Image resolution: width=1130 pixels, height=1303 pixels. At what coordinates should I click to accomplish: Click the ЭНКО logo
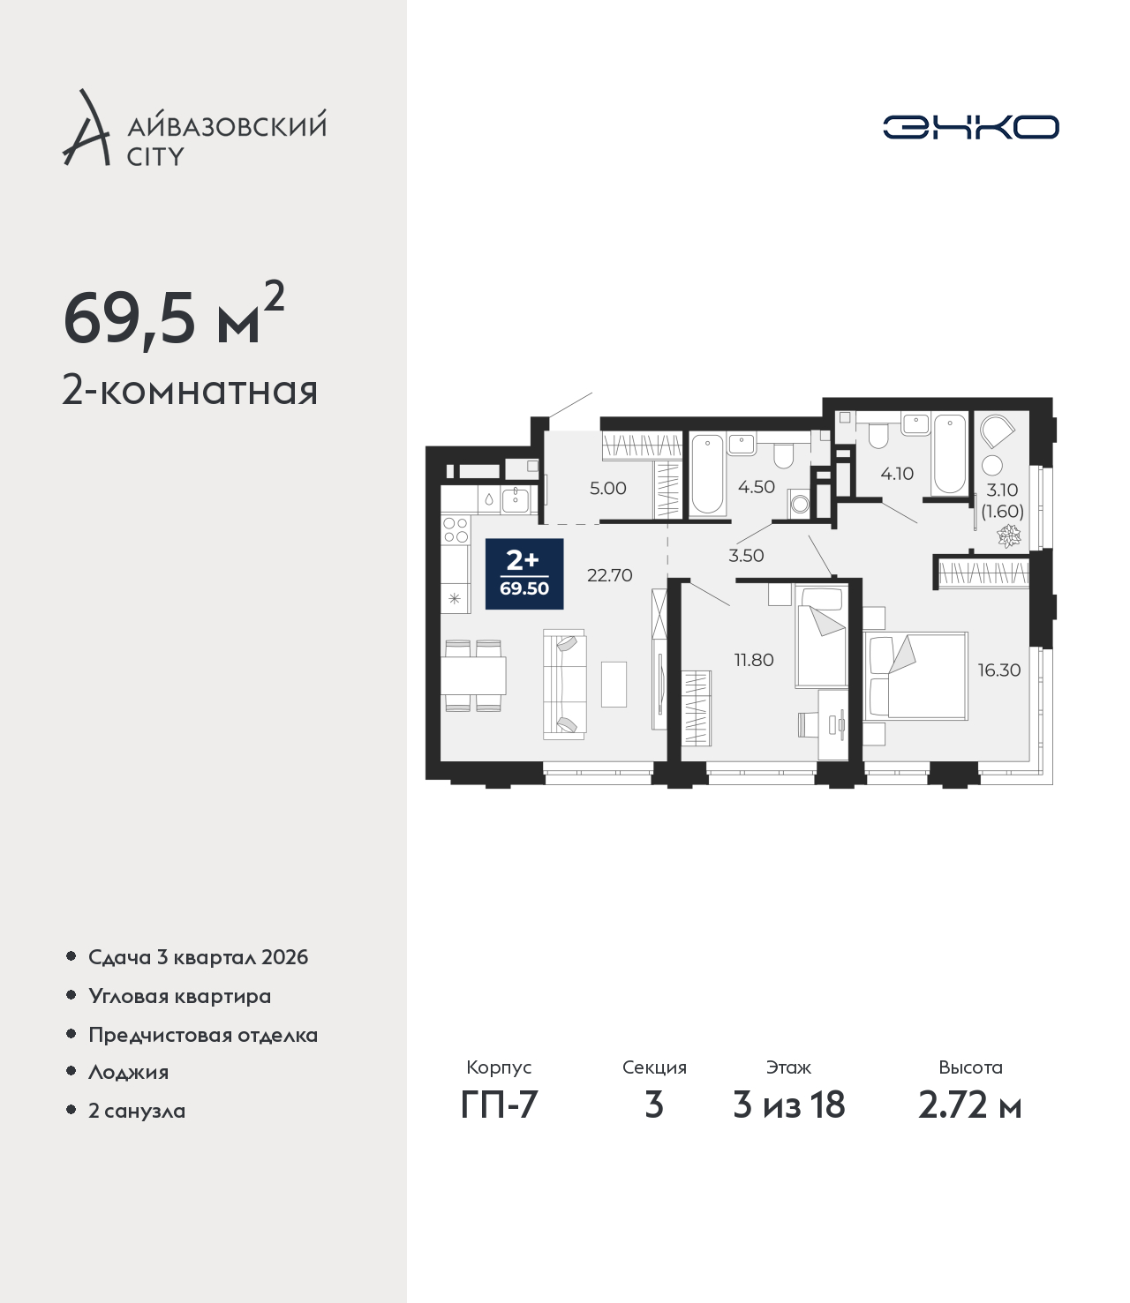tap(970, 127)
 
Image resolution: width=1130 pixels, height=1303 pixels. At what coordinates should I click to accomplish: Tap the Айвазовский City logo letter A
tap(87, 128)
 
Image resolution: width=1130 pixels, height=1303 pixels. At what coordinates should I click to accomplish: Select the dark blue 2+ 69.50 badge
tap(524, 573)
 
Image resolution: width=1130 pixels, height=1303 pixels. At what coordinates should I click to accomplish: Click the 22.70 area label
tap(609, 575)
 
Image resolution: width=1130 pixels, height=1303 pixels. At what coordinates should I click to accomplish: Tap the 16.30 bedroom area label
tap(999, 670)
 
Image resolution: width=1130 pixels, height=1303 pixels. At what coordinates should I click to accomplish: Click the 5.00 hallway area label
tap(608, 488)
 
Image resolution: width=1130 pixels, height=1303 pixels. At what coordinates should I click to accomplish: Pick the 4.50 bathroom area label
tap(757, 487)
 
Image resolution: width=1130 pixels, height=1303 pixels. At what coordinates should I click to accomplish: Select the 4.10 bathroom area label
tap(897, 474)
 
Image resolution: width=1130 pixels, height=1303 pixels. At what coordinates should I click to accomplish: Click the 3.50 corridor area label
tap(746, 556)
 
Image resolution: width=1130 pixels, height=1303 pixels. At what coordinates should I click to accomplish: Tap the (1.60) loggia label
tap(1003, 511)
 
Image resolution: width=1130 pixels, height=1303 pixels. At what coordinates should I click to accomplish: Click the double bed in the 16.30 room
tap(916, 676)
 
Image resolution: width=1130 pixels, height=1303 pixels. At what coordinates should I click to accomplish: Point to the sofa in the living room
tap(565, 684)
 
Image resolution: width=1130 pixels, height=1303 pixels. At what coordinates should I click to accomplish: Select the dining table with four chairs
tap(473, 676)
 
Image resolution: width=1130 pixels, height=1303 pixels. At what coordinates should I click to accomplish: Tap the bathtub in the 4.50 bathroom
tap(707, 475)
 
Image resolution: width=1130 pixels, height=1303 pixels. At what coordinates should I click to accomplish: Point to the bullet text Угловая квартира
tap(180, 996)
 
